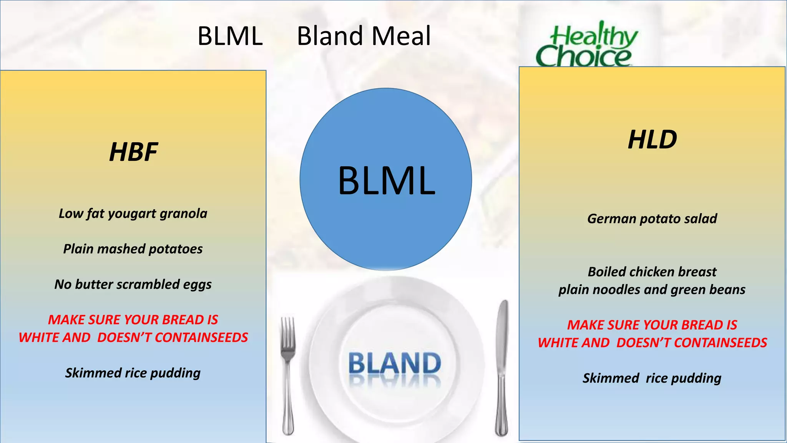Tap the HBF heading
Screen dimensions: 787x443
pyautogui.click(x=133, y=152)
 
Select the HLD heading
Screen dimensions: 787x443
pyautogui.click(x=652, y=139)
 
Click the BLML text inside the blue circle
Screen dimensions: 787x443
pyautogui.click(x=387, y=180)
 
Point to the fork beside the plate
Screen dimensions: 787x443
pyautogui.click(x=287, y=375)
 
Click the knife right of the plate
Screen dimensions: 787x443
pyautogui.click(x=501, y=368)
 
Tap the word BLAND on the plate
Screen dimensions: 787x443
pyautogui.click(x=395, y=363)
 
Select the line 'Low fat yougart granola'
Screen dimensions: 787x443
pyautogui.click(x=133, y=213)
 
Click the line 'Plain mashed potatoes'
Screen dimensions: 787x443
pyautogui.click(x=133, y=249)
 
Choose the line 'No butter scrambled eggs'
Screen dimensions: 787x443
pyautogui.click(x=133, y=285)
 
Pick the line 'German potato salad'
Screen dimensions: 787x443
pyautogui.click(x=652, y=219)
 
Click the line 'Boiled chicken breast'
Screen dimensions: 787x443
pyautogui.click(x=652, y=272)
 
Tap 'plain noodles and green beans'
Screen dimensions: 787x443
pyautogui.click(x=652, y=290)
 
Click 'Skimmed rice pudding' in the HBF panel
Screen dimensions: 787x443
pyautogui.click(x=133, y=373)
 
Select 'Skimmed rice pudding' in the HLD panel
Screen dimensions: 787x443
pyautogui.click(x=652, y=378)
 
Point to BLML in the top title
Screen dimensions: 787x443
pyautogui.click(x=230, y=36)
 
